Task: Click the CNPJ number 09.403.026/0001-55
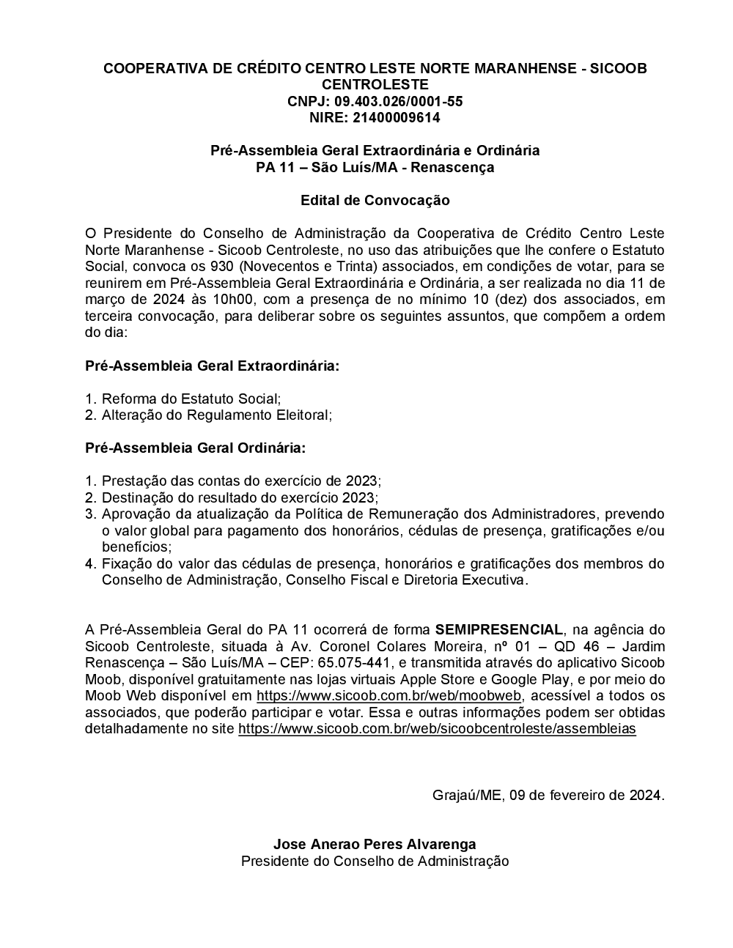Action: (x=398, y=102)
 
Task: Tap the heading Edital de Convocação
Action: (x=375, y=200)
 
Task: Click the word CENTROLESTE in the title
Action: (x=375, y=85)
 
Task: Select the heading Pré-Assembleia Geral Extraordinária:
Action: (x=213, y=366)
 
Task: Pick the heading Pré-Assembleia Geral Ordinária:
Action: (x=195, y=448)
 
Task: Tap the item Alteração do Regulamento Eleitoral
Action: (x=216, y=415)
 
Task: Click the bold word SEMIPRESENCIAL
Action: (x=499, y=629)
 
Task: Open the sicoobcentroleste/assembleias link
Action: (x=437, y=729)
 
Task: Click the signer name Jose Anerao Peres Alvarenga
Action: (x=375, y=845)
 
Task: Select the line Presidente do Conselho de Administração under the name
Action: (x=375, y=862)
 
